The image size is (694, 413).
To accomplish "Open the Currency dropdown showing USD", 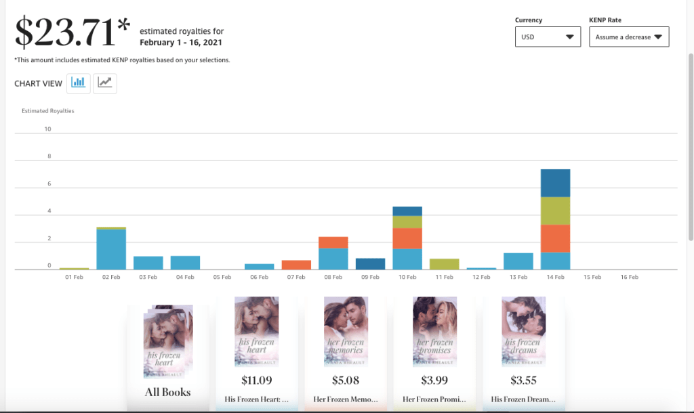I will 548,37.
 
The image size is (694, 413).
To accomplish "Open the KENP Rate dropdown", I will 628,37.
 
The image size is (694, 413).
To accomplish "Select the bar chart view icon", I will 79,83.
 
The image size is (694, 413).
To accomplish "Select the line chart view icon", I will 104,83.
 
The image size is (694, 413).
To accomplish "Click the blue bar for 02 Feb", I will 111,249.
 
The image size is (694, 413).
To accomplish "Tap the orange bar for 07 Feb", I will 296,265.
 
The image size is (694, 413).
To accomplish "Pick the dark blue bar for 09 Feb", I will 370,264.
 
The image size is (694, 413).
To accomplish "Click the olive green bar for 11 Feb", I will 444,264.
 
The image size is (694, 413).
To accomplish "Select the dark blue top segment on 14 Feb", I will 555,183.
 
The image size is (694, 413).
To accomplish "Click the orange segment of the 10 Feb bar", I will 407,238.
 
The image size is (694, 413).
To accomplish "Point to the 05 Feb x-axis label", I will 222,277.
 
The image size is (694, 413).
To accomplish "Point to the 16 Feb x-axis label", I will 629,277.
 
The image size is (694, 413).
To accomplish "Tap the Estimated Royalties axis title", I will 47,110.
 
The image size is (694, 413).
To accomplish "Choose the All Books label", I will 167,392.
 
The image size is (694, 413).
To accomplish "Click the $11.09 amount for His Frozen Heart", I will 256,381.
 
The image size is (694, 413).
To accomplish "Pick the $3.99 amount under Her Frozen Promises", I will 434,381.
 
